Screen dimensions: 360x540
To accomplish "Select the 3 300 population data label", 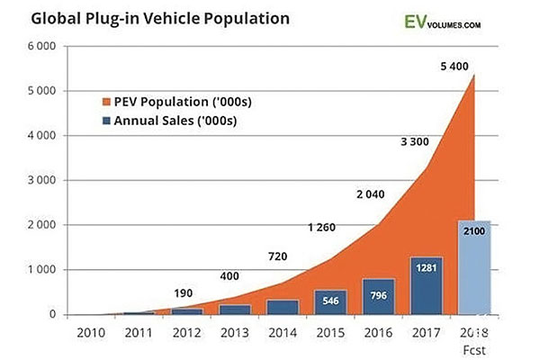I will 407,142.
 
